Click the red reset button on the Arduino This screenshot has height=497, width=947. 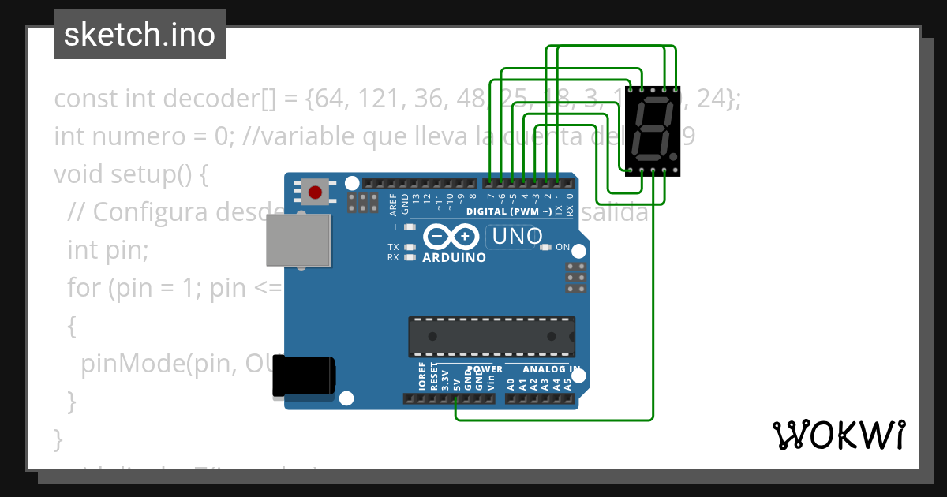316,192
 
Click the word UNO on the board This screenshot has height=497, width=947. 518,236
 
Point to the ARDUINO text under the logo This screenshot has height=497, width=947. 454,257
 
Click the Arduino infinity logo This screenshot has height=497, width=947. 451,236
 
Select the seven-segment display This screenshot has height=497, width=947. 653,130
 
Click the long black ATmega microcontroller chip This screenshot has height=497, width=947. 491,336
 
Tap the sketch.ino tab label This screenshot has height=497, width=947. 139,35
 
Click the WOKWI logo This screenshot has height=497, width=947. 838,435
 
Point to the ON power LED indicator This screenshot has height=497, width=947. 545,247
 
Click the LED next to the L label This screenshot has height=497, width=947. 410,227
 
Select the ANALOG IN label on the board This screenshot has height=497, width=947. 544,368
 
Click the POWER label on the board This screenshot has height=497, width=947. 485,368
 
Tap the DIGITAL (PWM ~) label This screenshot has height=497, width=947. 509,211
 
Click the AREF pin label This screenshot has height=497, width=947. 393,204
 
